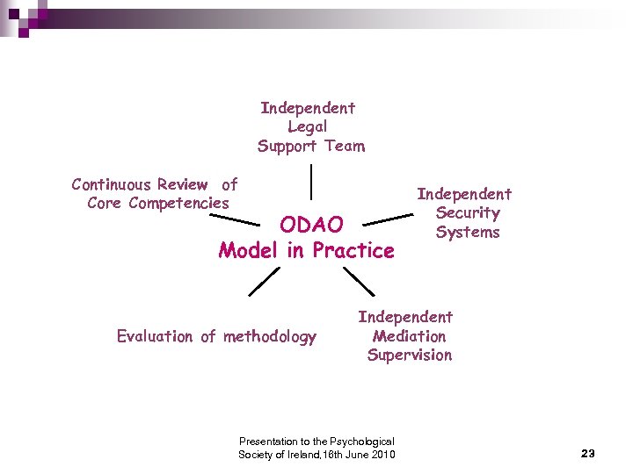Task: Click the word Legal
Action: [x=308, y=127]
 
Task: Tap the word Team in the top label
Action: [x=344, y=147]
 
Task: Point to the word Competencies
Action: [x=178, y=204]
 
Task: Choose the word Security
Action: [x=467, y=213]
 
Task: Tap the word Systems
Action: [x=467, y=233]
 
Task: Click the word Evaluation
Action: [x=155, y=336]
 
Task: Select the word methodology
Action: [x=270, y=336]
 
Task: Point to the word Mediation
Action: [x=409, y=336]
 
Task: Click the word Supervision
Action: [x=410, y=355]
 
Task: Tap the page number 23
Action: [x=588, y=453]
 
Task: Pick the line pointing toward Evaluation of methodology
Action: [x=263, y=281]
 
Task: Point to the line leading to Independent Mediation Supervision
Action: [x=358, y=281]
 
